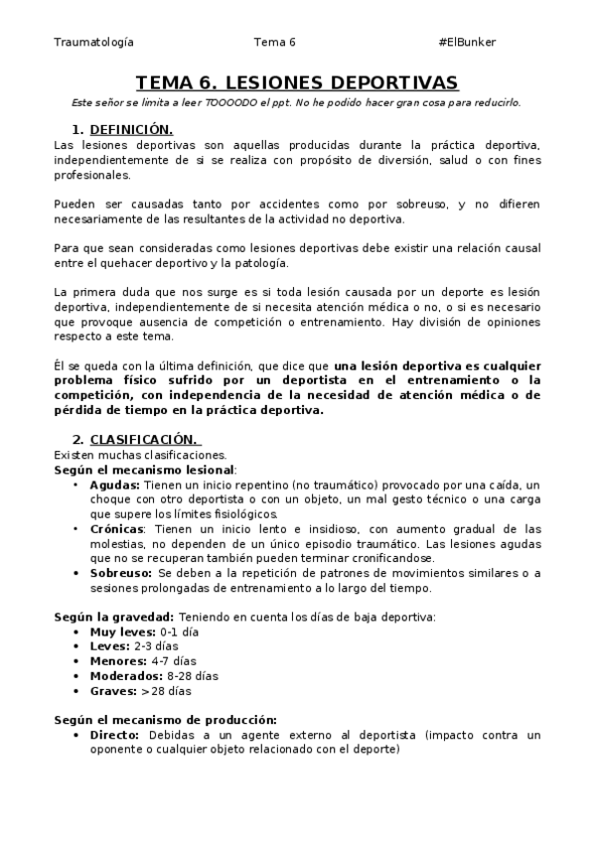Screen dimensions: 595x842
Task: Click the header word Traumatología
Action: tap(93, 43)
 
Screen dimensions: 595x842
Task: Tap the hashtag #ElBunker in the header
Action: tap(466, 43)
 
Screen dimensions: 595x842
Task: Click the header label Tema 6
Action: tap(274, 43)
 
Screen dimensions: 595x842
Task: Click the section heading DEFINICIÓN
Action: tap(131, 130)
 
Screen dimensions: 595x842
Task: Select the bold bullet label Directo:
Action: tap(115, 735)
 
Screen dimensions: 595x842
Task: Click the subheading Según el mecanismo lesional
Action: tap(144, 469)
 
